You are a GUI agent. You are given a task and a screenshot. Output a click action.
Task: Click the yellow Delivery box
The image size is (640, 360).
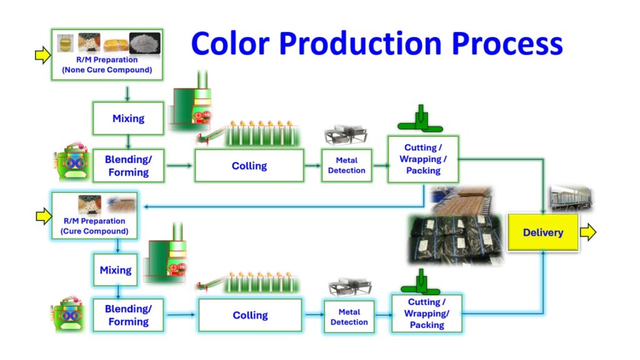point(542,232)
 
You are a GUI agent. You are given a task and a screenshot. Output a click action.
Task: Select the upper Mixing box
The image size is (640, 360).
point(128,118)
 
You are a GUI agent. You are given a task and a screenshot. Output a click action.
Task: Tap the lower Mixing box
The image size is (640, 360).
point(116,270)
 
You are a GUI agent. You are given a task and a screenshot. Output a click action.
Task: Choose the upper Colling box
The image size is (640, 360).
point(249,166)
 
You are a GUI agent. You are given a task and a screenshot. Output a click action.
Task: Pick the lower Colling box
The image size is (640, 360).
point(250,315)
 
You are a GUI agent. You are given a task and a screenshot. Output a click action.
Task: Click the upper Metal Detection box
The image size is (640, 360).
point(347,166)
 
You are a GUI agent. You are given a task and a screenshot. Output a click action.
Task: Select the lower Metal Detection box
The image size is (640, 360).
point(349,317)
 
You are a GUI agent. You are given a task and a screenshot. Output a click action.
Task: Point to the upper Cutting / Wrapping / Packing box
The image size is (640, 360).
point(423,159)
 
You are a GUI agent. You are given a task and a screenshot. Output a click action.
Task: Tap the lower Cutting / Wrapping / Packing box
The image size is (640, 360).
point(427,314)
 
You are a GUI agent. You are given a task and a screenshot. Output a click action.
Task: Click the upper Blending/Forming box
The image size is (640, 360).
point(128,166)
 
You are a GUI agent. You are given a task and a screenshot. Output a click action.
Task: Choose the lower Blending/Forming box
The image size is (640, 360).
point(127,315)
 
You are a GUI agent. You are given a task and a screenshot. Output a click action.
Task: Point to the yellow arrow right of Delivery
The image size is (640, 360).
point(588,232)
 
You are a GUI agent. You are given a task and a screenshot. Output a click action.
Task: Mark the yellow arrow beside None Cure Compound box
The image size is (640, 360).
point(42,56)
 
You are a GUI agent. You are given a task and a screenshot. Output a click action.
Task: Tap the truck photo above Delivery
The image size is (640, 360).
point(571,198)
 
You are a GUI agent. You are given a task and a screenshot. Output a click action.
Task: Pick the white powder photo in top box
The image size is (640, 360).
point(144,43)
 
